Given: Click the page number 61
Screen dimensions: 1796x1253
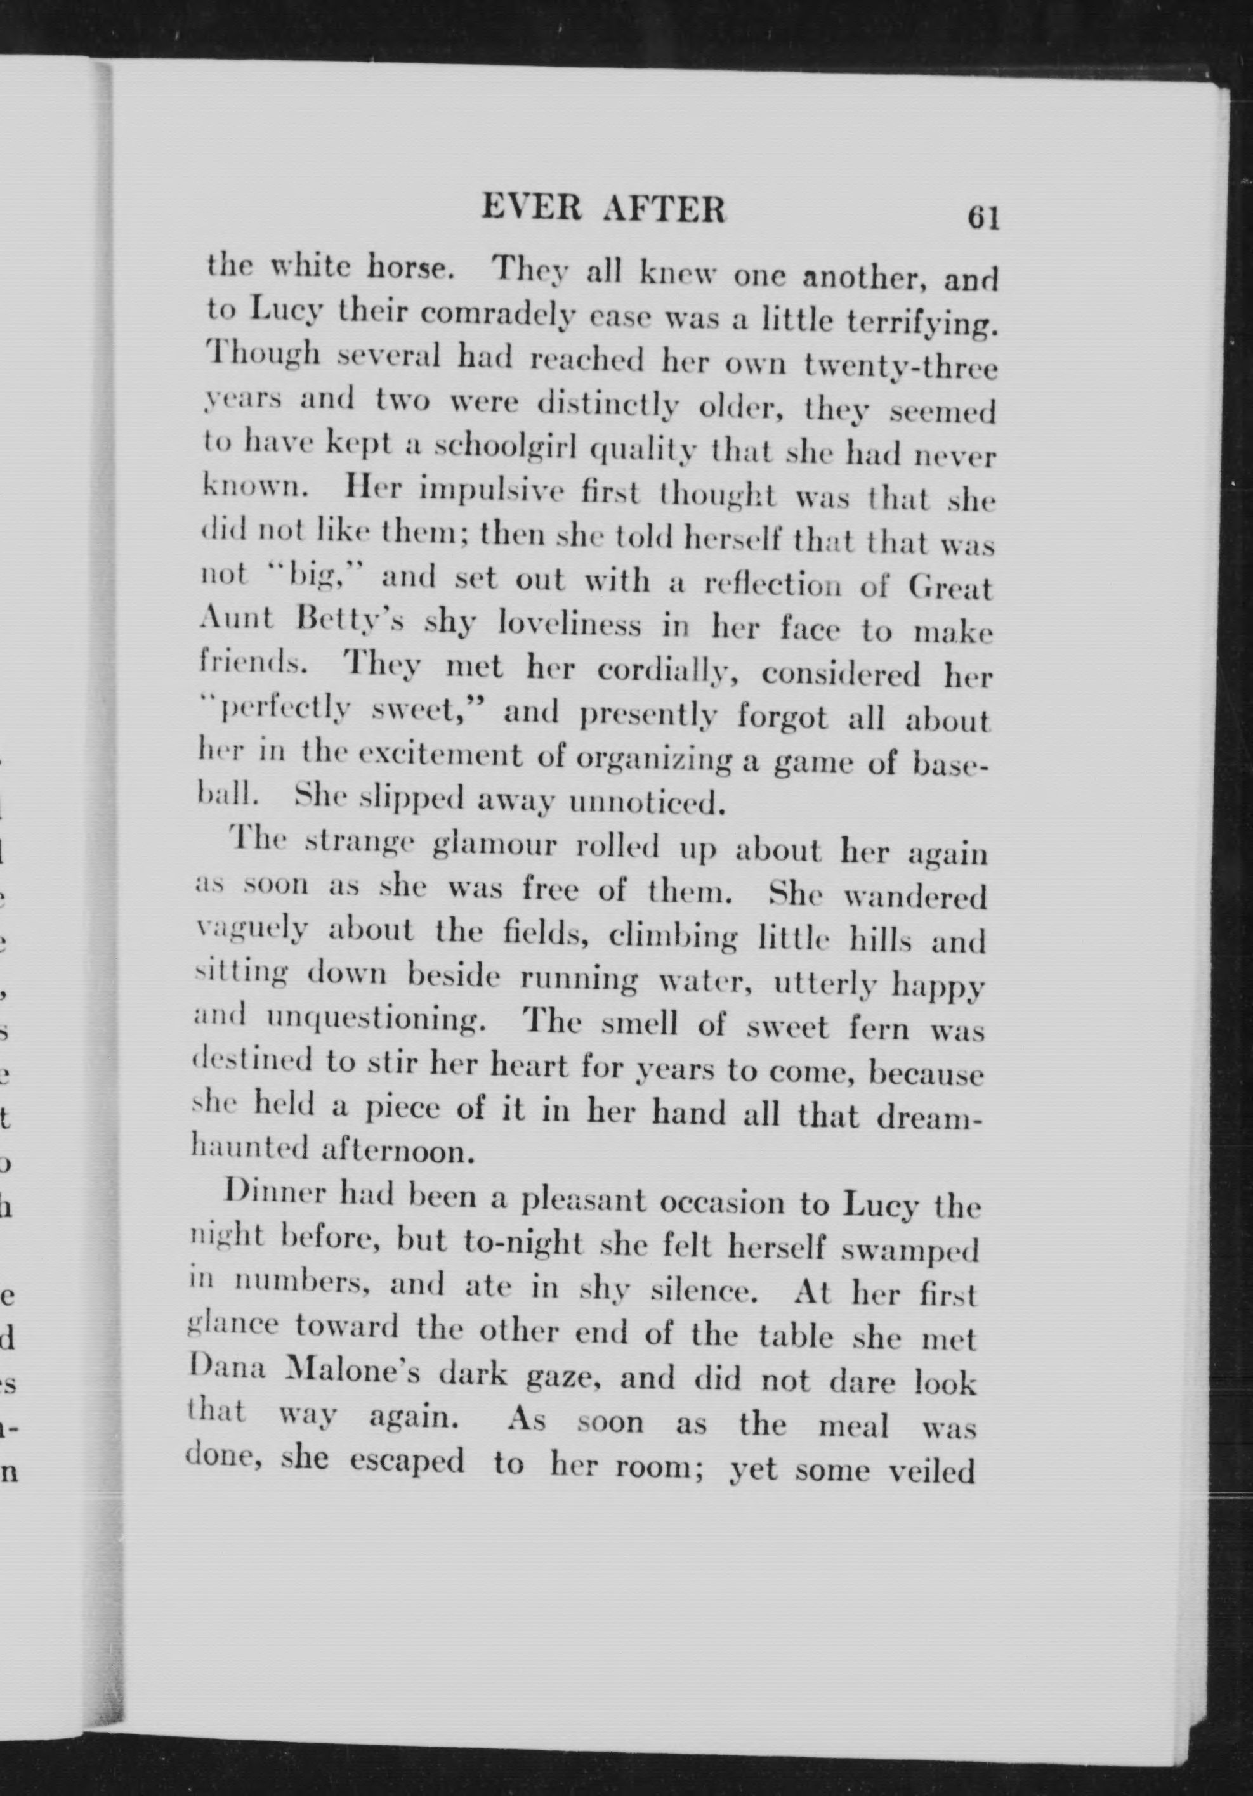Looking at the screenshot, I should point(983,217).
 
